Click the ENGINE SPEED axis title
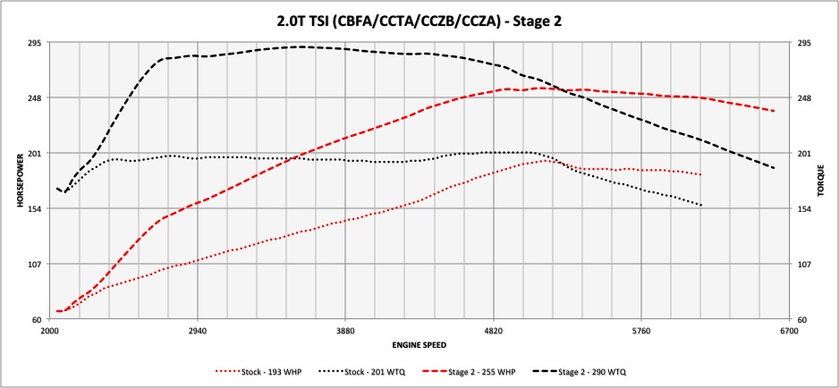pyautogui.click(x=419, y=344)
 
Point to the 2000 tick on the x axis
pyautogui.click(x=50, y=331)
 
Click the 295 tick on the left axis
pyautogui.click(x=37, y=42)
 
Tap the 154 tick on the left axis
pyautogui.click(x=37, y=208)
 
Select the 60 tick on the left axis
pyautogui.click(x=39, y=319)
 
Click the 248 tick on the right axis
pyautogui.click(x=803, y=97)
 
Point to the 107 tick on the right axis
pyautogui.click(x=803, y=264)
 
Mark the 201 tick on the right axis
pyautogui.click(x=803, y=153)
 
